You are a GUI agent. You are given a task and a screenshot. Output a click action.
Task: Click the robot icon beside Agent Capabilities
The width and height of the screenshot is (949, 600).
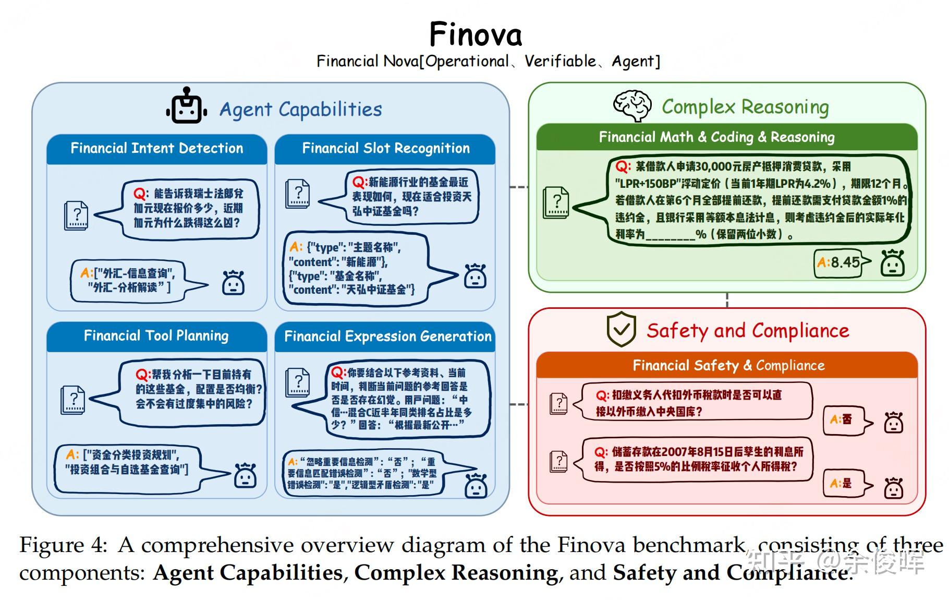coord(186,106)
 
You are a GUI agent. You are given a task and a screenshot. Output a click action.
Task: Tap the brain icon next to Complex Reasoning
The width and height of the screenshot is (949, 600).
coord(632,105)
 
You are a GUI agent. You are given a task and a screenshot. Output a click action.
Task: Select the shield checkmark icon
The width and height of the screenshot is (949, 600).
coord(621,330)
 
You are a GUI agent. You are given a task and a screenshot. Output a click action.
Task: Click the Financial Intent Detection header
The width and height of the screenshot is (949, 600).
coord(156,149)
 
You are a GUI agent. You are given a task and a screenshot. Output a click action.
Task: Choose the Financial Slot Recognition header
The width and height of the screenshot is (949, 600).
coord(385,149)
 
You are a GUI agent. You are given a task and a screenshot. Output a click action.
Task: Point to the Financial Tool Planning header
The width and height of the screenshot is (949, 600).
coord(156,335)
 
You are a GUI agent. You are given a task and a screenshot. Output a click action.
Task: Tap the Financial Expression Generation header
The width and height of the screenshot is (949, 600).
coord(387,337)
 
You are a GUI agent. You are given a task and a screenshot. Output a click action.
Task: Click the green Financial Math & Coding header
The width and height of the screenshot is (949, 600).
coord(716,137)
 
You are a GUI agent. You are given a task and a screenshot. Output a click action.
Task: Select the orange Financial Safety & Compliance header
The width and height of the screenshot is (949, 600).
coord(728,365)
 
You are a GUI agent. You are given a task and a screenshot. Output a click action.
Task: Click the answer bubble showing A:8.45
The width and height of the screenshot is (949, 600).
coord(840,262)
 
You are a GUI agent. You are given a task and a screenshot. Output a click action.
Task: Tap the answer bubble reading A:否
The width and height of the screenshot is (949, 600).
coord(844,420)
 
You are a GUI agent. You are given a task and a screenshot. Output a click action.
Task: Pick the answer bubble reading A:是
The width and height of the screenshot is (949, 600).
coord(844,484)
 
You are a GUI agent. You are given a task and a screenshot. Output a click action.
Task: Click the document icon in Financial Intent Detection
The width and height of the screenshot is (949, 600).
coord(76,215)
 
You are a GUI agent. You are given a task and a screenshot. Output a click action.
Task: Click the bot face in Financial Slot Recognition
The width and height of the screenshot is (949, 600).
coord(475,277)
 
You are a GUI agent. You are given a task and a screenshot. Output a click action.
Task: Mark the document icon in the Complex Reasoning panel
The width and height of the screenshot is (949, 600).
coord(555,202)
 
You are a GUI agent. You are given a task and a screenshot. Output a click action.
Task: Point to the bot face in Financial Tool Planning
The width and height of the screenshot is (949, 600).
coord(245,475)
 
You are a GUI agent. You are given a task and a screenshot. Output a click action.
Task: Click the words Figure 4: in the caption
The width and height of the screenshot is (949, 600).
coord(63,545)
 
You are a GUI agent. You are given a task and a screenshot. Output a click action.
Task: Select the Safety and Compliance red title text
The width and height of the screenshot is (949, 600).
coord(748,330)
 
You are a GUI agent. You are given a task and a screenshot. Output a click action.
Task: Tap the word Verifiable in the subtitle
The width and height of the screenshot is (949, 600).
coord(560,62)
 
